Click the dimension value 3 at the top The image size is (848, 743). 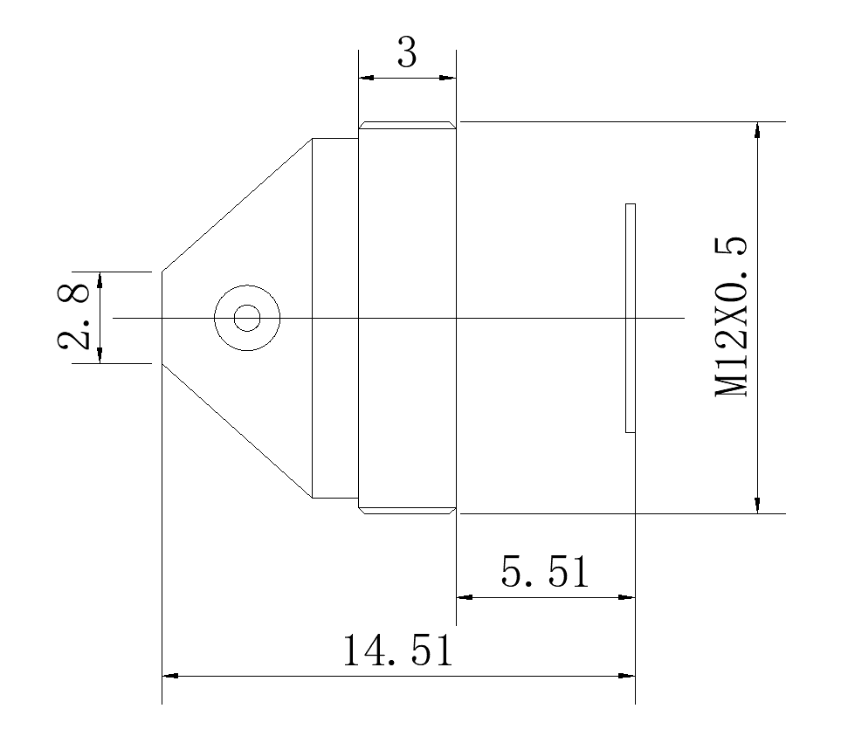407,52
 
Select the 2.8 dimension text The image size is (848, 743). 73,317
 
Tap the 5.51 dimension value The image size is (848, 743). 545,572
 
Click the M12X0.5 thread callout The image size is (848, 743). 731,317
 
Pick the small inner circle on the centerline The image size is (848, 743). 247,318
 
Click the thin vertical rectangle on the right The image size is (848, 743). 630,318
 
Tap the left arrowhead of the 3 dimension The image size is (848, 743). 366,78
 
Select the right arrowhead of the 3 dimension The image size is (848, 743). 448,78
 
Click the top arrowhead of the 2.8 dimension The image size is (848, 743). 100,279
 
